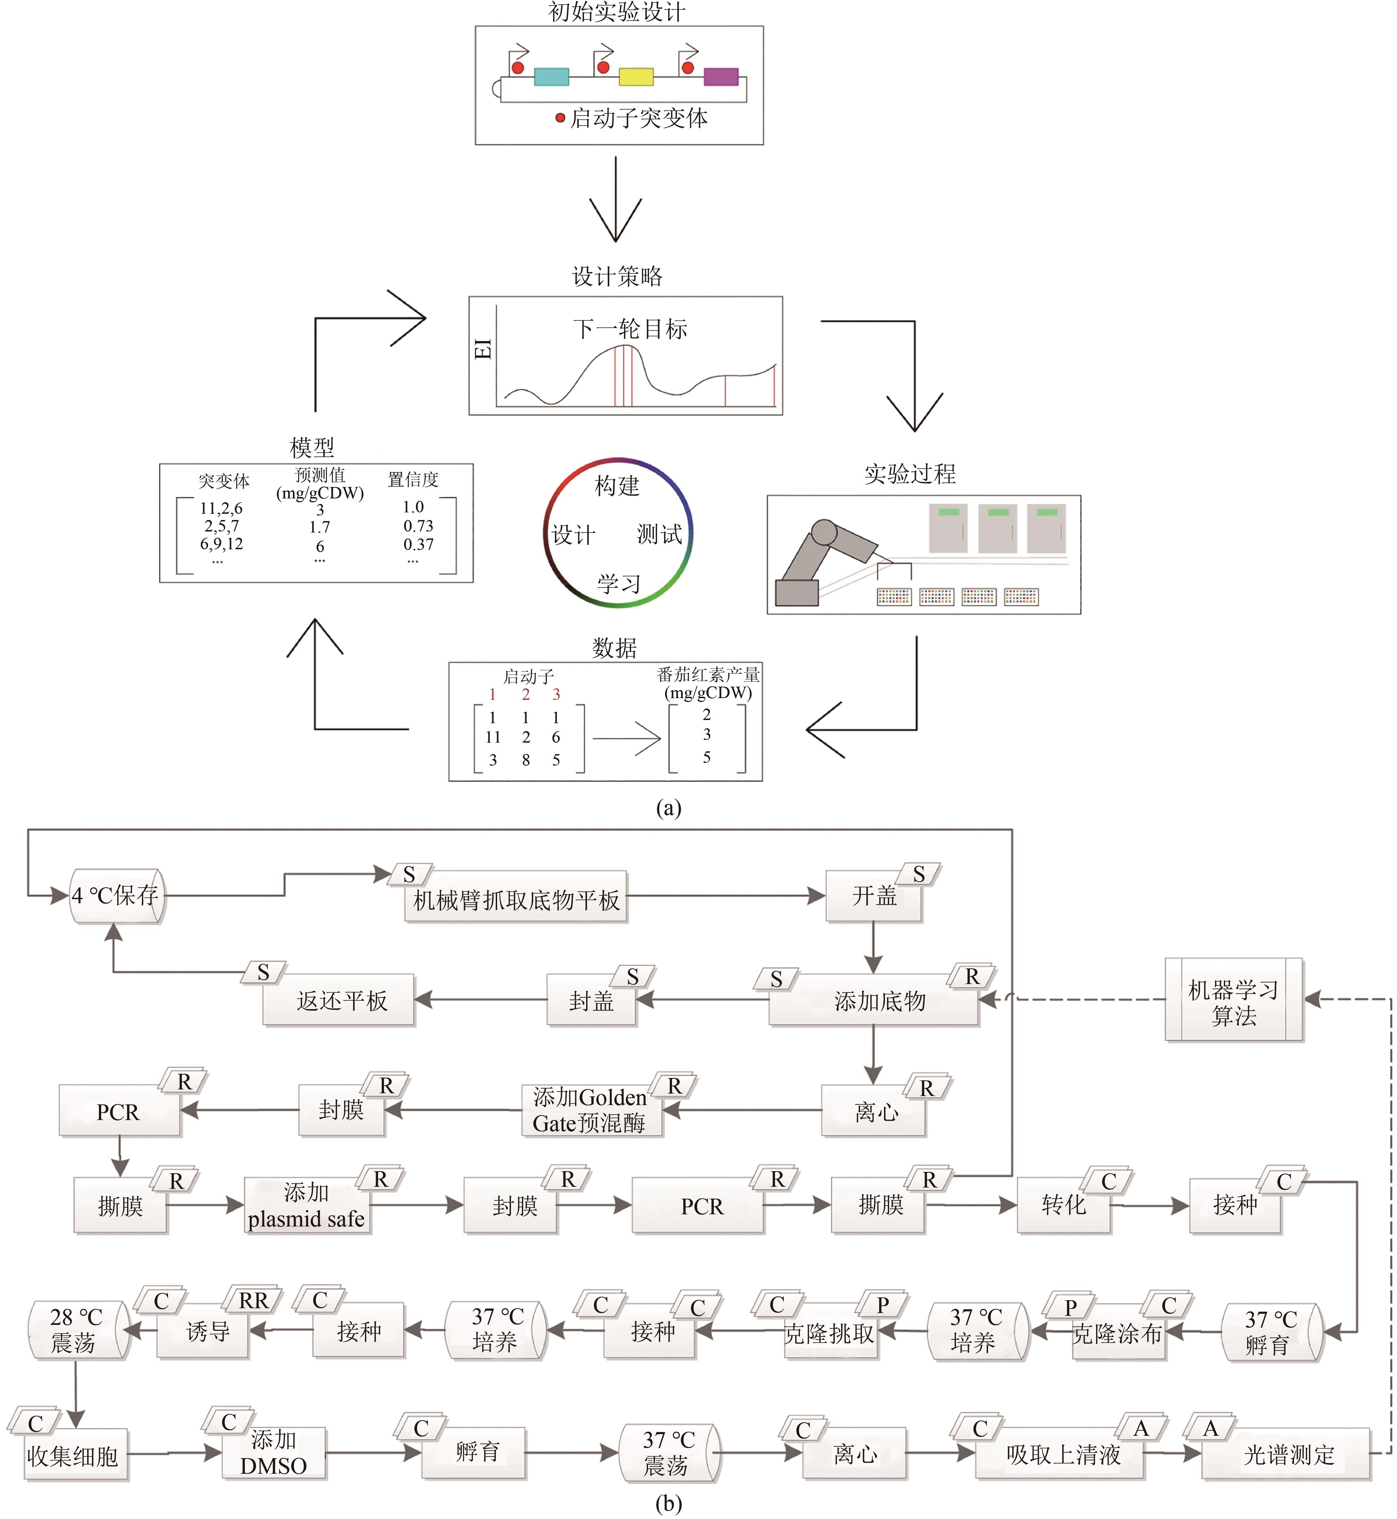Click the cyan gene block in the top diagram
551,76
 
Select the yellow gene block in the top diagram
636,76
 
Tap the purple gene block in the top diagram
720,76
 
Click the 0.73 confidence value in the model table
418,526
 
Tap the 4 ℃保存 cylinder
117,896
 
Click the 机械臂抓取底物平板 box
516,899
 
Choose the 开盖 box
874,896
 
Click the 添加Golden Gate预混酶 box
591,1110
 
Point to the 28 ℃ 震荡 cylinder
75,1330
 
